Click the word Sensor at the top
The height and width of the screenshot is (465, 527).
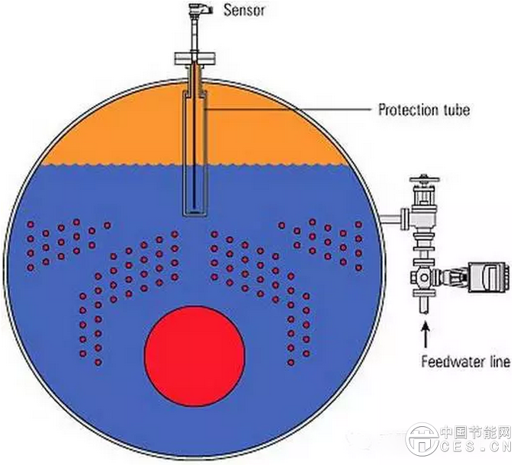pos(243,11)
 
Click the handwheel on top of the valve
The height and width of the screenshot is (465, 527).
pos(423,181)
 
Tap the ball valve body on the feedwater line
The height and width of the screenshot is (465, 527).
pos(424,277)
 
